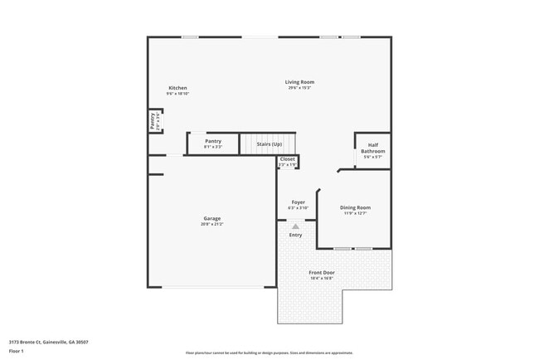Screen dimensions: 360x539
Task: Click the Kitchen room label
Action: point(177,88)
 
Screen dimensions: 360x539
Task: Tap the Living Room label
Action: point(300,82)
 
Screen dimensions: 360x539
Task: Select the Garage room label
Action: point(212,219)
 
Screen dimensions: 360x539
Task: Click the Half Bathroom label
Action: point(373,148)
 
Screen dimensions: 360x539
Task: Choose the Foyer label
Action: point(298,202)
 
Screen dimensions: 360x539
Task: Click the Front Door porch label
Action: point(322,272)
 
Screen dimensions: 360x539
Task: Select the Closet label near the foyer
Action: point(287,158)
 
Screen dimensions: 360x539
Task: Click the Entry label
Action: point(296,235)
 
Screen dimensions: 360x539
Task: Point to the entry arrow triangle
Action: point(296,226)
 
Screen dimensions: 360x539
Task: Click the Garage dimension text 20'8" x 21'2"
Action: point(211,225)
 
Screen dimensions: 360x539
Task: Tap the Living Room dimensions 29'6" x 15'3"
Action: point(300,88)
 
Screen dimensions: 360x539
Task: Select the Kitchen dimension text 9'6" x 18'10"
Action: point(177,94)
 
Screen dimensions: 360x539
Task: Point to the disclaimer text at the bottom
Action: point(269,353)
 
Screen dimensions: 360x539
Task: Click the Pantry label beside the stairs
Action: point(213,142)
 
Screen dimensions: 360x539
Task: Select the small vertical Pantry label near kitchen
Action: point(153,121)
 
